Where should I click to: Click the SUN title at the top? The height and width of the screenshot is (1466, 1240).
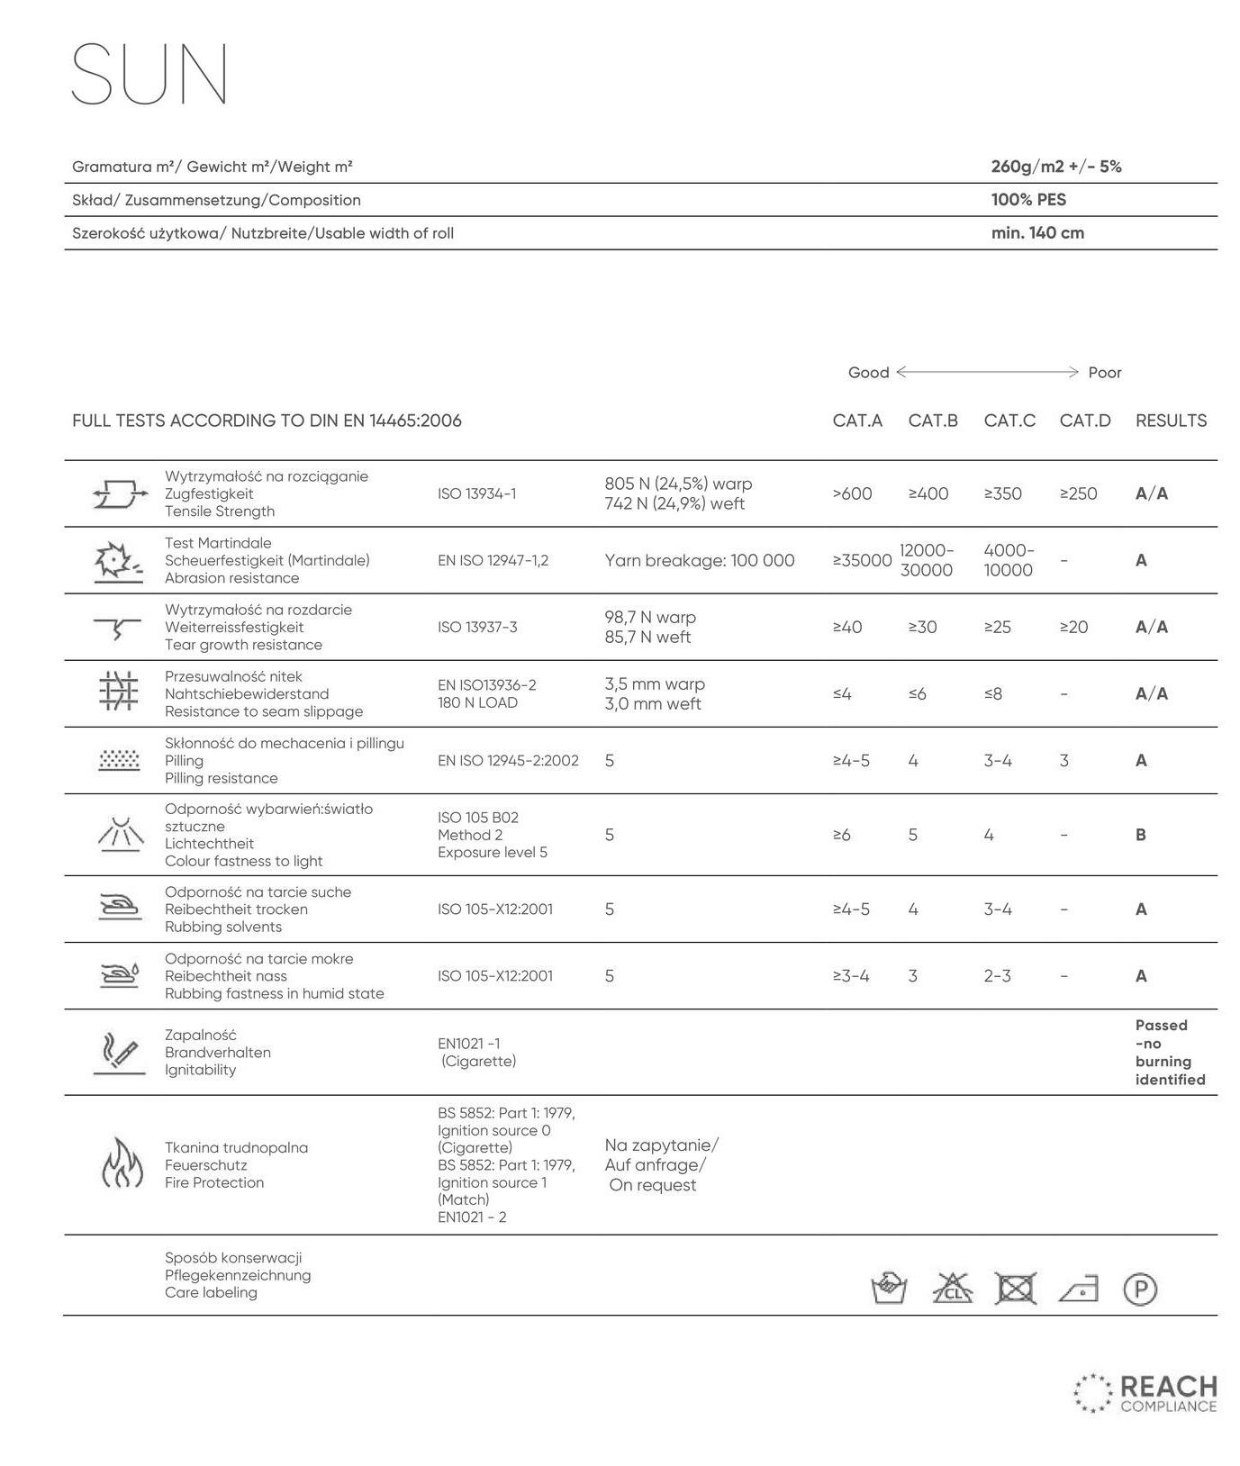click(149, 74)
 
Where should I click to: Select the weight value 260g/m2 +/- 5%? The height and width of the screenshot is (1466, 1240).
click(1055, 167)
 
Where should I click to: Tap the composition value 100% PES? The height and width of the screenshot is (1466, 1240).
click(1027, 200)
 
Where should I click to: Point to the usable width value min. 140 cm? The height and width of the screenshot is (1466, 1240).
click(1036, 233)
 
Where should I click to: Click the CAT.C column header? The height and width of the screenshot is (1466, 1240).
click(1009, 421)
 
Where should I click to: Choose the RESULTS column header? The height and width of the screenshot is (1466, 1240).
click(1170, 421)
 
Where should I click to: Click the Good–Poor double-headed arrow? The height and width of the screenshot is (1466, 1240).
click(987, 372)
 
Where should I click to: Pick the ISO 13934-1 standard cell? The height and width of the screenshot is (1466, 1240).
click(476, 493)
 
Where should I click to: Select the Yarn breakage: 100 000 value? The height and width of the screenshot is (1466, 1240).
click(699, 560)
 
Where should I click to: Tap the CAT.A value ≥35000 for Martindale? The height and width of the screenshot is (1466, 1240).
click(861, 560)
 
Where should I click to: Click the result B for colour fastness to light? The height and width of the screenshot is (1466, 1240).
click(1140, 835)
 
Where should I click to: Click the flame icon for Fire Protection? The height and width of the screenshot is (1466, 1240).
click(121, 1163)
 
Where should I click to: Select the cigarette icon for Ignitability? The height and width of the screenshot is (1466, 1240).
click(119, 1053)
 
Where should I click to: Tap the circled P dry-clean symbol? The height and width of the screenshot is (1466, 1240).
click(1139, 1290)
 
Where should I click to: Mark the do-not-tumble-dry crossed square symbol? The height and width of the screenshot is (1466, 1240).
click(1015, 1289)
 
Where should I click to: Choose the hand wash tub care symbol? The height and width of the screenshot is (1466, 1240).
click(889, 1289)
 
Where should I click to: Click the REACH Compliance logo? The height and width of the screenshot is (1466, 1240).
click(1145, 1392)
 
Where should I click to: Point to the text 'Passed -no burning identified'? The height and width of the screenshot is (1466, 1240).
click(1169, 1052)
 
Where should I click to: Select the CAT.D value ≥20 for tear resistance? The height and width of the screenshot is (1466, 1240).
click(1073, 627)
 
